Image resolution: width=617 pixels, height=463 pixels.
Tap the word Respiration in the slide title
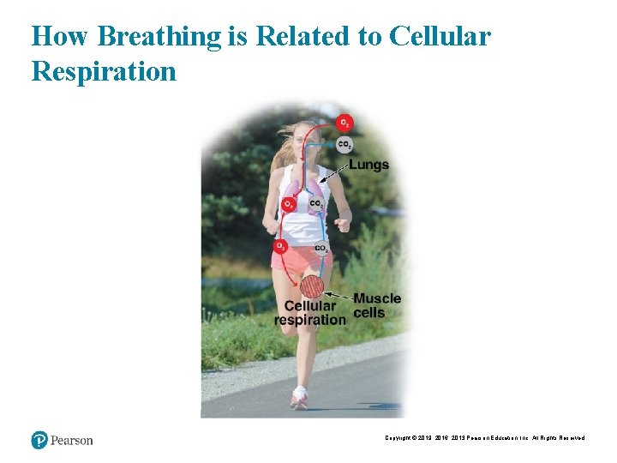pos(104,70)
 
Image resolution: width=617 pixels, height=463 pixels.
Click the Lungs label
pos(368,164)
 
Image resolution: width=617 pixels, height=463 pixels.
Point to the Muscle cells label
pos(376,305)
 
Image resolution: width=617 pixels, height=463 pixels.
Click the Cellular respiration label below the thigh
pos(310,313)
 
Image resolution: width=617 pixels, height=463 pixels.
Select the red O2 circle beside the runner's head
pos(344,123)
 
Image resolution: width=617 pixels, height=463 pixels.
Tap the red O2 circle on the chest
pos(291,204)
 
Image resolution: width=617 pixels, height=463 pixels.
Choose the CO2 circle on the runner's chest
pos(316,205)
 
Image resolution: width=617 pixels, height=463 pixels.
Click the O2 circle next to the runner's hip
pos(280,247)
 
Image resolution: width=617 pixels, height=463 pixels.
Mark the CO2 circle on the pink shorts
pos(320,249)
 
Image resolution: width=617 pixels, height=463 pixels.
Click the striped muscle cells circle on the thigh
pos(313,286)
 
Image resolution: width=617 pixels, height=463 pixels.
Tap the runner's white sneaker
pos(299,399)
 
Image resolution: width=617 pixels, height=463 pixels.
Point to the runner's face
pos(305,142)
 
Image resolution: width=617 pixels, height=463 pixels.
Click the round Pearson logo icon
pos(39,440)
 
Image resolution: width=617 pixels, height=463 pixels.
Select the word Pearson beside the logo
pos(72,441)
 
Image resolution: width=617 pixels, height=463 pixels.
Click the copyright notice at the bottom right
pos(484,438)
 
